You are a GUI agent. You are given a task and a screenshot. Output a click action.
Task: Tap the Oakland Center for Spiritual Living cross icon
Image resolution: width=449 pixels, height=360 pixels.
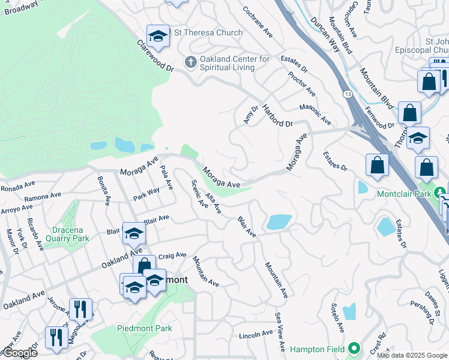pos(190,62)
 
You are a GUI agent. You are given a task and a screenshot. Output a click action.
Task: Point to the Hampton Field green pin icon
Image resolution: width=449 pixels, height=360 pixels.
pos(354,348)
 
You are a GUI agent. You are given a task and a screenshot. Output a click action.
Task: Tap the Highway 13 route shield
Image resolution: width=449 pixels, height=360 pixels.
pos(348,94)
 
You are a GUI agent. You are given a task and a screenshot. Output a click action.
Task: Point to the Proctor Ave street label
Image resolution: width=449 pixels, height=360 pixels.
pos(302,84)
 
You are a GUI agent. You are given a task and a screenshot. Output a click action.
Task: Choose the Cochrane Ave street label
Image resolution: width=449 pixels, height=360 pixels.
pos(257,23)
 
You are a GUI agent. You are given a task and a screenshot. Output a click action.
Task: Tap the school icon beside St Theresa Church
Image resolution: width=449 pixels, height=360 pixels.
pos(158,37)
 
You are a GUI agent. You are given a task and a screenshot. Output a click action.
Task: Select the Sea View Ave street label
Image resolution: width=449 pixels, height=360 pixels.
pos(280,331)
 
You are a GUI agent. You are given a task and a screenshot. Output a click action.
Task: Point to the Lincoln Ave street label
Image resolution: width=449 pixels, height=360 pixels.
pos(256,335)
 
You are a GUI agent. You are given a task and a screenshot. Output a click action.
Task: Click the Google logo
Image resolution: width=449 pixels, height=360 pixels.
pos(19,353)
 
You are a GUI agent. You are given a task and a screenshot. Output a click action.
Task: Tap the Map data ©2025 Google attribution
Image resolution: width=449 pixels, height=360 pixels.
pos(411,355)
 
